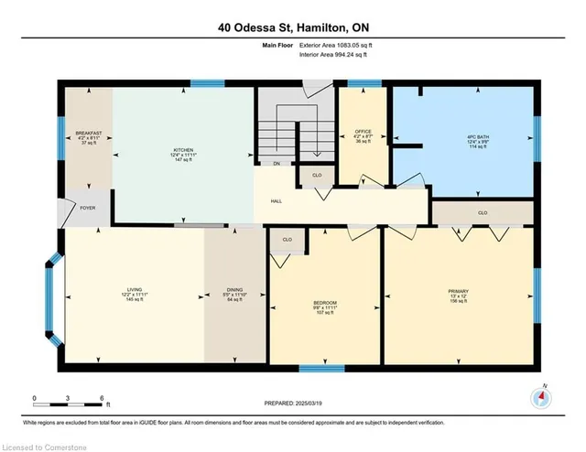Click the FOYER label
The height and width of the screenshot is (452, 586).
click(87, 208)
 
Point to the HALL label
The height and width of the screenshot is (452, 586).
click(276, 201)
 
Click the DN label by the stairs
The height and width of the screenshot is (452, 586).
click(277, 165)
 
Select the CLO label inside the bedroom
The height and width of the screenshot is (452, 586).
click(287, 240)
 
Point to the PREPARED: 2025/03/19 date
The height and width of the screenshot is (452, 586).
click(291, 404)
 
